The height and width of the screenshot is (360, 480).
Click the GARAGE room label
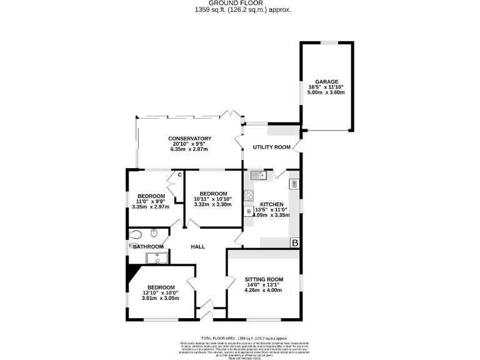pos(326,82)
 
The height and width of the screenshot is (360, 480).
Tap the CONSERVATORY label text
pos(189,139)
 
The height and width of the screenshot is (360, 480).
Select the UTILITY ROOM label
pos(272,147)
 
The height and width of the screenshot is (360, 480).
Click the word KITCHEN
pos(272,204)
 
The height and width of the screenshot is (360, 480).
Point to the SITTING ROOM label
pos(264,279)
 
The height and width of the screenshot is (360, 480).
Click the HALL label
pos(198,247)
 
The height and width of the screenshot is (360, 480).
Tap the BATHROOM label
pos(148,247)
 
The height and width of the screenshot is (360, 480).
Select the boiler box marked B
pos(294,242)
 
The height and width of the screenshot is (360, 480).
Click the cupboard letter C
pos(179,174)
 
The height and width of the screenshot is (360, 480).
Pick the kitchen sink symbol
pos(258,176)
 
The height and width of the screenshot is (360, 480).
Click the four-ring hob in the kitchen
pos(248,195)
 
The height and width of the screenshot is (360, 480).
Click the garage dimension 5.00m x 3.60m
pos(326,92)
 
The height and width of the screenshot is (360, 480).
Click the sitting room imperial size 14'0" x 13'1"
pos(264,285)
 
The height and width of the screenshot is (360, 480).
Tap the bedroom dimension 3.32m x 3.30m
pos(212,204)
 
